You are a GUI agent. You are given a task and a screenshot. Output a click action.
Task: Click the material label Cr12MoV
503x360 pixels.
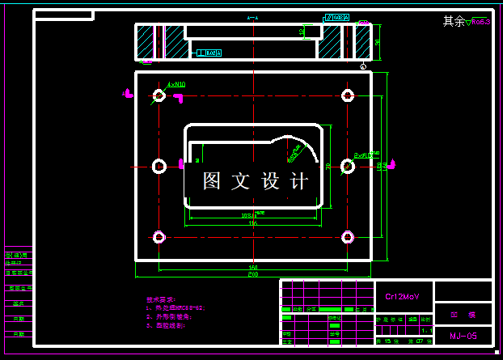[402, 296]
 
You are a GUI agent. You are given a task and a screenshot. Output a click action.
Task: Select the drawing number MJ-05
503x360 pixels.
[463, 335]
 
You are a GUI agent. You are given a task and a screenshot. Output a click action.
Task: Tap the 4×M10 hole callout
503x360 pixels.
[176, 83]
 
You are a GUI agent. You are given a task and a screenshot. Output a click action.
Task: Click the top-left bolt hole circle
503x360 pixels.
[159, 96]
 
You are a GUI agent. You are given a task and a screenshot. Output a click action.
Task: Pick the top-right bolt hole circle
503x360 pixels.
[348, 96]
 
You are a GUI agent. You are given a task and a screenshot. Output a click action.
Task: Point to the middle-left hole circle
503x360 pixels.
[159, 166]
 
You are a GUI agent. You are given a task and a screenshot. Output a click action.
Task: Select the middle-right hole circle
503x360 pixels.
[348, 166]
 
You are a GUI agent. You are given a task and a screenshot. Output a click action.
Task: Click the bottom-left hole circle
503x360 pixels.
[159, 237]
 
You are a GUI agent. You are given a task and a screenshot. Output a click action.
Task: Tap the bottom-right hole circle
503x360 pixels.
[348, 237]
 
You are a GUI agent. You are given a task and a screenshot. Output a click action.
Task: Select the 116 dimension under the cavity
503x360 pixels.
[253, 223]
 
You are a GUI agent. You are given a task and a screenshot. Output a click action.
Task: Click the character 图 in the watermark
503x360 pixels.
[213, 181]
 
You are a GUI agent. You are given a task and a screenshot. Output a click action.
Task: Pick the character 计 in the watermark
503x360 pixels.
[298, 181]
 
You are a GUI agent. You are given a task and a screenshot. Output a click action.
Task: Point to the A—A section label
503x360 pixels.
[253, 18]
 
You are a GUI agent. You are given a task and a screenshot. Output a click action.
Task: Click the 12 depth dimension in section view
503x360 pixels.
[302, 32]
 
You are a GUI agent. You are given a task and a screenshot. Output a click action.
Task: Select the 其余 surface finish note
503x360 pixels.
[454, 22]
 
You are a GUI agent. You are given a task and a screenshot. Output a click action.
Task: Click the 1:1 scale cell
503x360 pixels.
[426, 331]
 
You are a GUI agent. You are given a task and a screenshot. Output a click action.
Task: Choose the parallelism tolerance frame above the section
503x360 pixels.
[336, 17]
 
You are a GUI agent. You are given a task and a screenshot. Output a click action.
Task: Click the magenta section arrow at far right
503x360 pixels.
[391, 165]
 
